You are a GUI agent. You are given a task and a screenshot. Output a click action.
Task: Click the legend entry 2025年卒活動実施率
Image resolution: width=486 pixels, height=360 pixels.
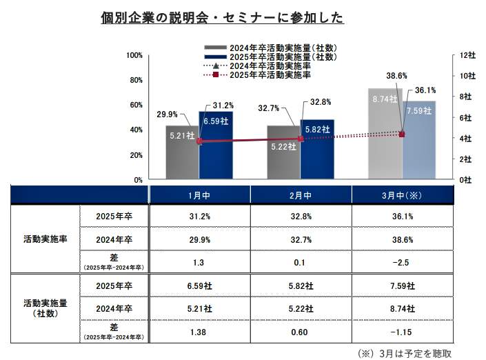click(x=270, y=74)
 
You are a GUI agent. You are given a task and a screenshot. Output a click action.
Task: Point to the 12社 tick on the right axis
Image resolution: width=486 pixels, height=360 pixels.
click(x=466, y=54)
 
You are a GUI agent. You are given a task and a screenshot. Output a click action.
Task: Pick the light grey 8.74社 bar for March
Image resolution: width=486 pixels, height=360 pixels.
click(x=385, y=134)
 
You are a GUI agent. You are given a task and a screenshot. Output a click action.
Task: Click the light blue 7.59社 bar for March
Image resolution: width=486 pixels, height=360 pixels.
click(x=418, y=141)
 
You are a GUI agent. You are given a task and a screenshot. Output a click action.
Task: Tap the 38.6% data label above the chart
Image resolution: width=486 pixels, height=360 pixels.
click(x=396, y=75)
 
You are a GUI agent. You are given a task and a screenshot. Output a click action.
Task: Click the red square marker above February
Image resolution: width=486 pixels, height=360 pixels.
click(x=301, y=139)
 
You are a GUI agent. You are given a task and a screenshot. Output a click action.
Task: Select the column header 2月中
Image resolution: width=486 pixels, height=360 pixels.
click(x=301, y=195)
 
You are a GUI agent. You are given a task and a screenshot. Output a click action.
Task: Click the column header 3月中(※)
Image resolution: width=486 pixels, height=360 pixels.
click(x=402, y=195)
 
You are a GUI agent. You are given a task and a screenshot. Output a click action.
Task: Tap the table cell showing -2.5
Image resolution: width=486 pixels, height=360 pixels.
click(x=402, y=262)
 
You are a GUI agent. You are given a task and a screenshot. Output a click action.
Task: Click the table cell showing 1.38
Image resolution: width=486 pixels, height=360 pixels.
click(x=200, y=332)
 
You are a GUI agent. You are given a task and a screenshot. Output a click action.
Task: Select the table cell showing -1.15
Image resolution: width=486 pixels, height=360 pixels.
click(x=402, y=332)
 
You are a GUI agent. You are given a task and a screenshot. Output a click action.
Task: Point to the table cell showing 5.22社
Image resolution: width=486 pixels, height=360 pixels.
click(x=301, y=309)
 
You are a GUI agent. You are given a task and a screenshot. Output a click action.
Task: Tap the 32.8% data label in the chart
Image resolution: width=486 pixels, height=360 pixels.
click(x=321, y=101)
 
